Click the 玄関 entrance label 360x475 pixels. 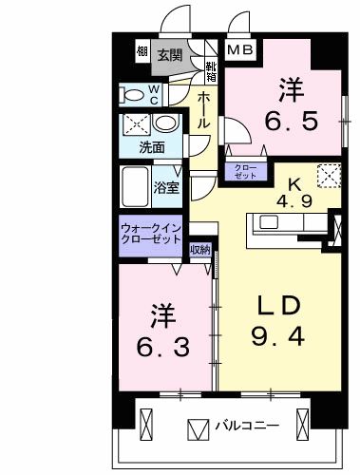click(171, 54)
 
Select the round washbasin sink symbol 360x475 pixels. click(165, 124)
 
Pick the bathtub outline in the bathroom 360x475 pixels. click(136, 182)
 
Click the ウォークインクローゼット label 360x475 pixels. click(152, 235)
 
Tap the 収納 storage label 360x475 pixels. click(199, 250)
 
